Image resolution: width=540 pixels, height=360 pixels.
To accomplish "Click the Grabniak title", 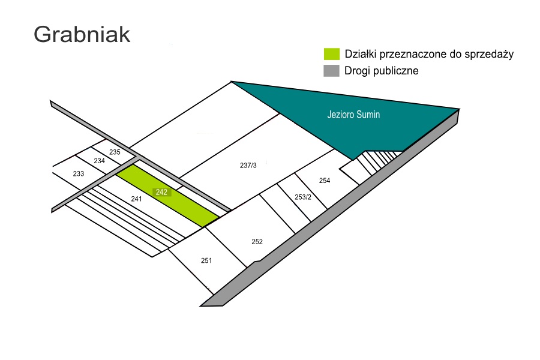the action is pos(82,35).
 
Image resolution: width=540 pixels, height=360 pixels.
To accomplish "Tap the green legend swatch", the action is pos(332,54).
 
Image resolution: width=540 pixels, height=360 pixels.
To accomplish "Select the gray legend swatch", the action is pos(332,71).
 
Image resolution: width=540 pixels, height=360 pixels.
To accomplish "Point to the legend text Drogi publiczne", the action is pos(381,71).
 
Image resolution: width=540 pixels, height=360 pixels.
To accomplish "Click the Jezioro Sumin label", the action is pos(353,115).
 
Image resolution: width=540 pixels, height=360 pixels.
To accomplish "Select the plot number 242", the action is pos(161,192).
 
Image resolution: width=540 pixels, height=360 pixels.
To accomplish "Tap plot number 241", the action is pos(136,199).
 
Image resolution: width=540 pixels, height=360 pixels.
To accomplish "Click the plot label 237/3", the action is pos(248,166).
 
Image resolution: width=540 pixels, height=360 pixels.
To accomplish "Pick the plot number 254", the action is pos(325,181).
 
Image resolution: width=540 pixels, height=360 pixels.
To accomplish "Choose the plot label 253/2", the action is pos(303,197).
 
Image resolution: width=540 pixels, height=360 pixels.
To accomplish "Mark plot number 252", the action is pos(257,242).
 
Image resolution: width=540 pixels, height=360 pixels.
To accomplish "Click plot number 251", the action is pos(206,261).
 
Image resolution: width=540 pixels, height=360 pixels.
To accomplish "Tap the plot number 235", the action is pos(115,152).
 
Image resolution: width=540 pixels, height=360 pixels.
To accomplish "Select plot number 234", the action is pos(99,161).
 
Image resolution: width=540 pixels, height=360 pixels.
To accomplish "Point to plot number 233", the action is pos(79,173).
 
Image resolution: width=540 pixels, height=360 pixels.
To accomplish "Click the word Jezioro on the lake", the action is pos(339,115).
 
